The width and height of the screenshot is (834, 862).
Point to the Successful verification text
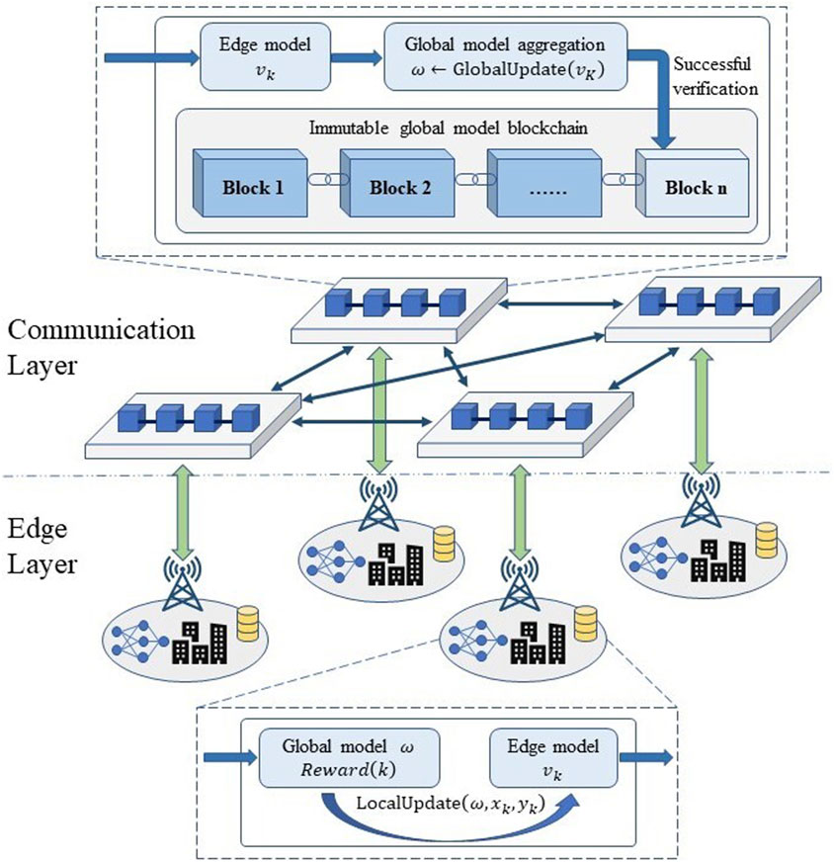[x=715, y=78]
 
